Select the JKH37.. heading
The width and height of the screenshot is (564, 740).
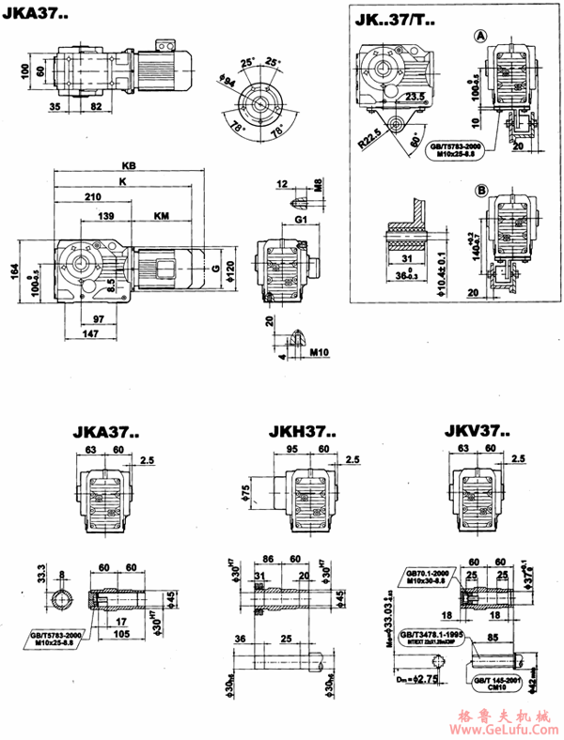pos(296,433)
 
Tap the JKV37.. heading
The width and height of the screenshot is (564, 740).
pos(477,433)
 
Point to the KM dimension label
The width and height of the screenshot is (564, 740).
pos(162,216)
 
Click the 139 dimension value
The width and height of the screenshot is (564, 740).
pos(107,216)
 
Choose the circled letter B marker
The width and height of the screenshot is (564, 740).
pos(480,190)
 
